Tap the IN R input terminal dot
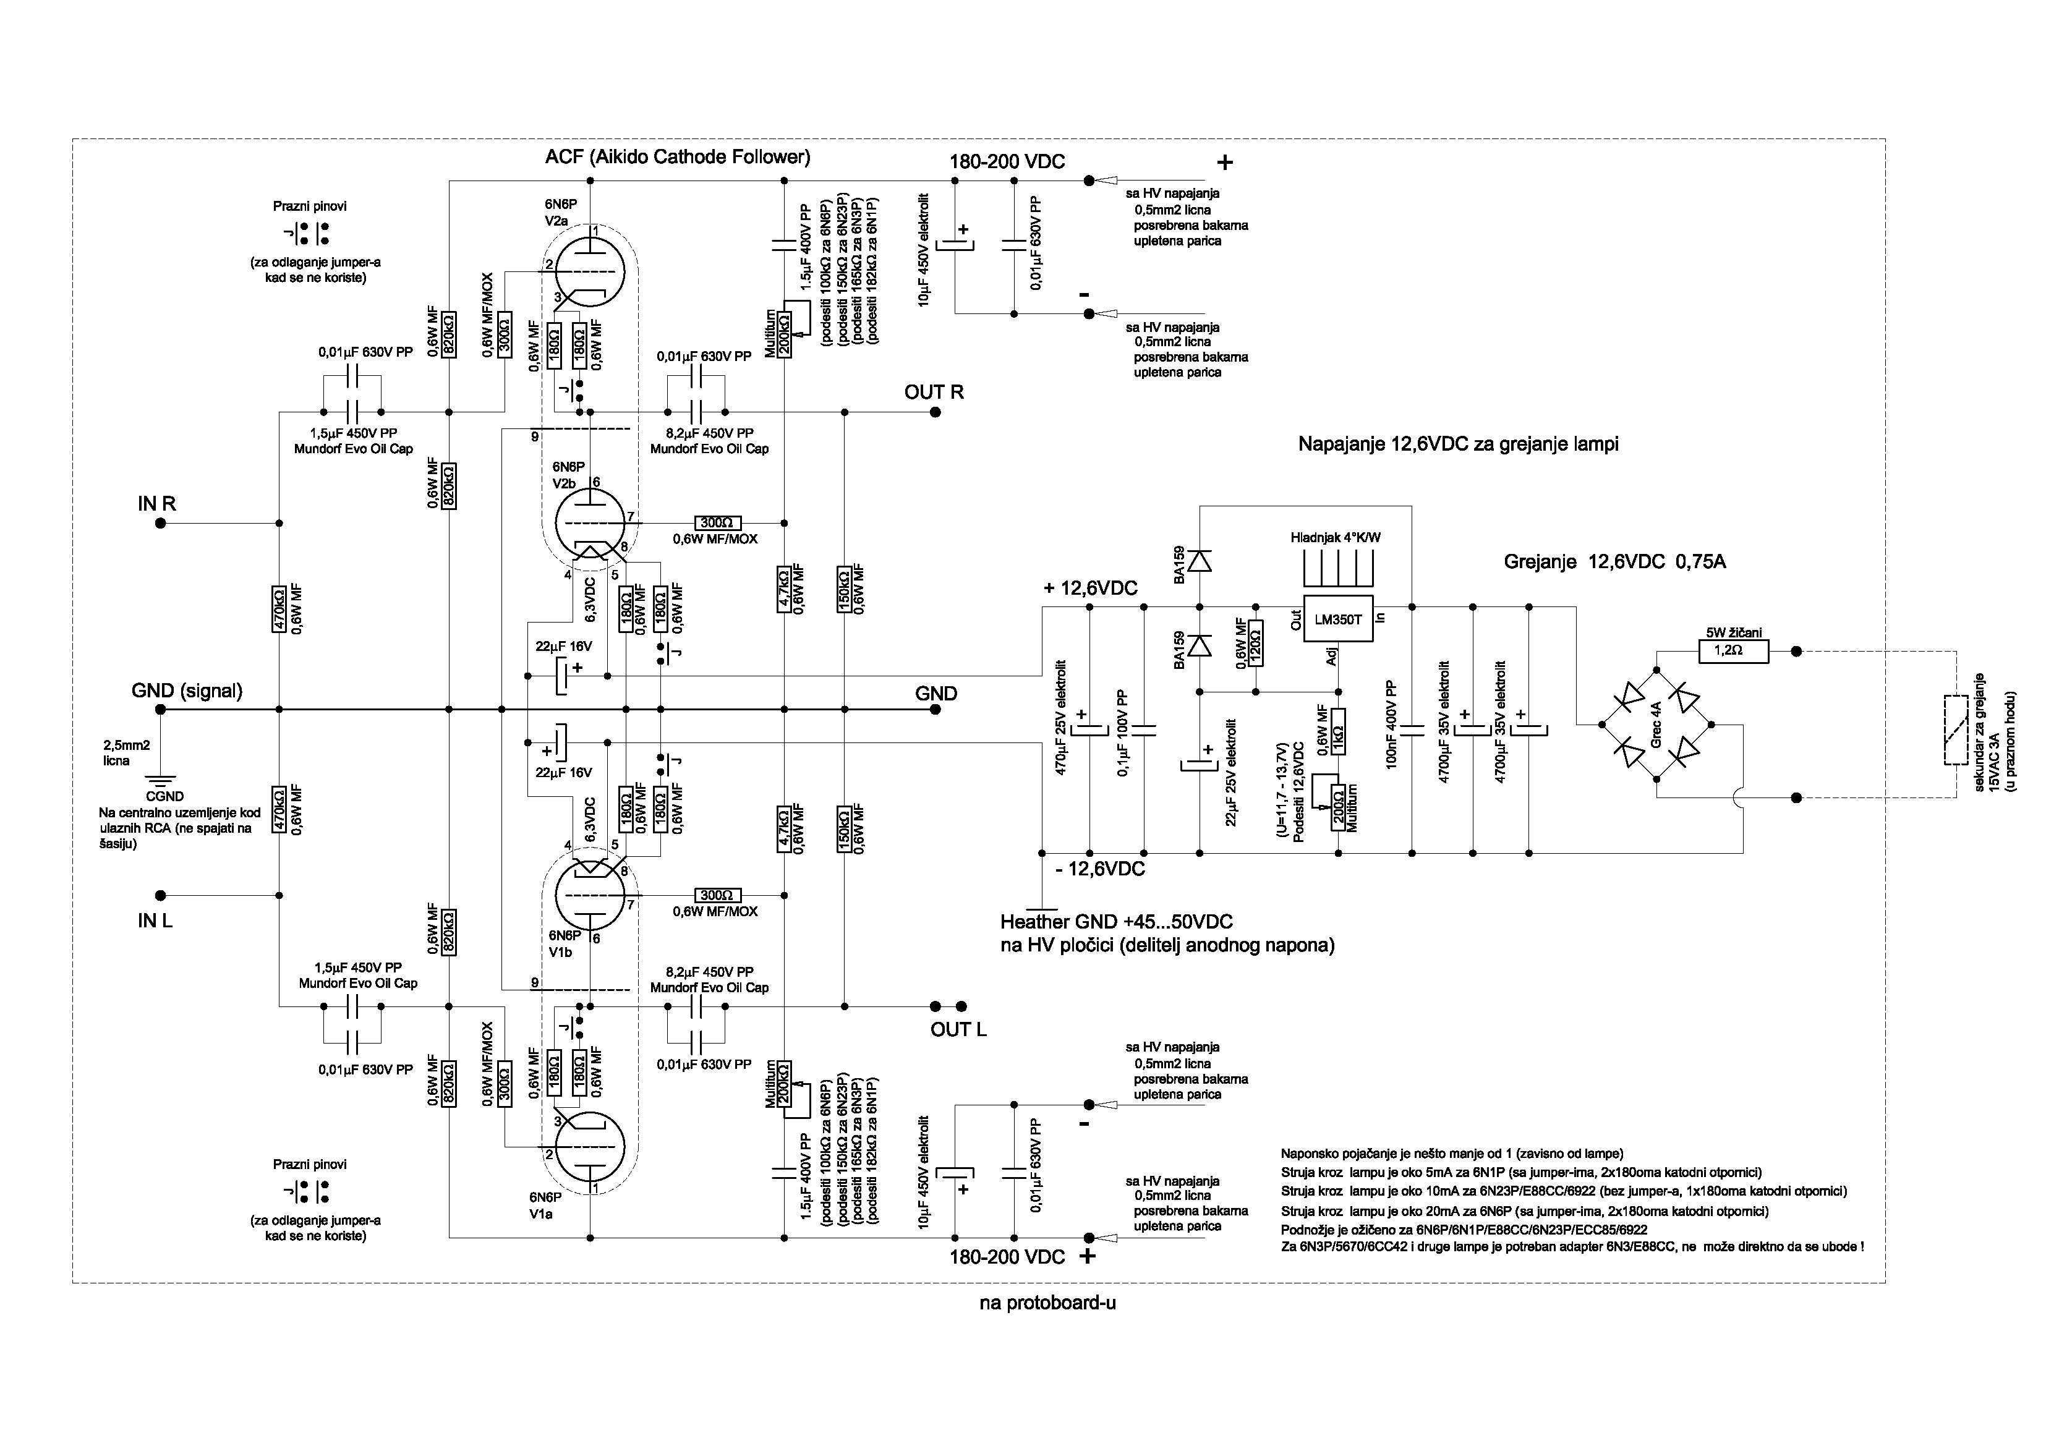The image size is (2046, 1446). pyautogui.click(x=160, y=524)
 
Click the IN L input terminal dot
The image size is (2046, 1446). pyautogui.click(x=160, y=895)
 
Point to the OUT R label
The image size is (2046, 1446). pyautogui.click(x=933, y=392)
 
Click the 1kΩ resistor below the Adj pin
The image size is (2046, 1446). pyautogui.click(x=1339, y=733)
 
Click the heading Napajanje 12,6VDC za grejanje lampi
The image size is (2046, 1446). pyautogui.click(x=1458, y=444)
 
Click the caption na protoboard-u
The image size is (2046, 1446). pyautogui.click(x=1048, y=1303)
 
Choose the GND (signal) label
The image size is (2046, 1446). pyautogui.click(x=187, y=691)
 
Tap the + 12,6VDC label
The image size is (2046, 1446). pyautogui.click(x=1091, y=588)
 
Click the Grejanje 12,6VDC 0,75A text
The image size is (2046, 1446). pyautogui.click(x=1614, y=562)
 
